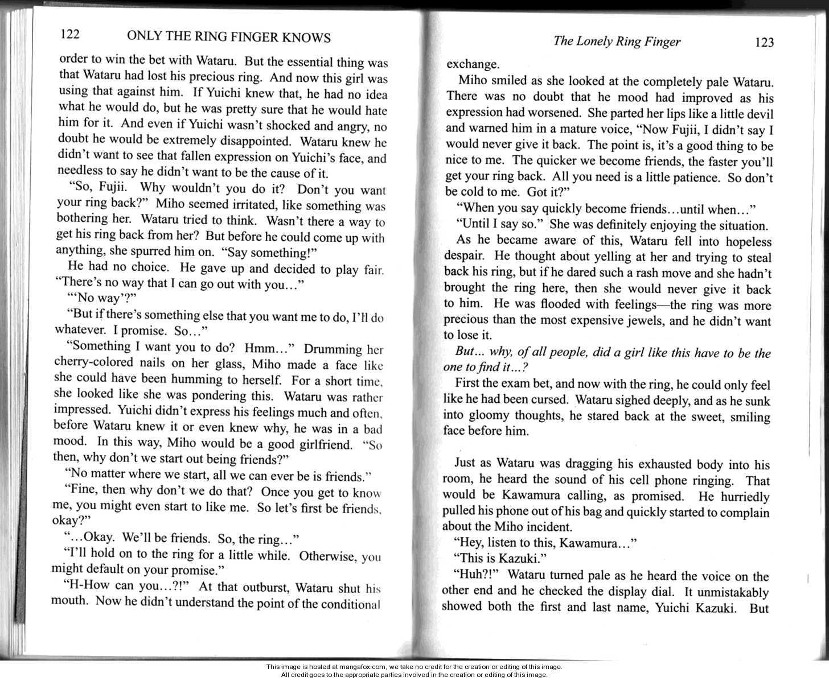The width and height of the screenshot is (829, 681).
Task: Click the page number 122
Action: [69, 35]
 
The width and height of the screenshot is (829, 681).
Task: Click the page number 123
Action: [763, 43]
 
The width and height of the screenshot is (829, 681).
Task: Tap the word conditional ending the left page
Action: [348, 603]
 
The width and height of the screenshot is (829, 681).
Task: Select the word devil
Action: [759, 113]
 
